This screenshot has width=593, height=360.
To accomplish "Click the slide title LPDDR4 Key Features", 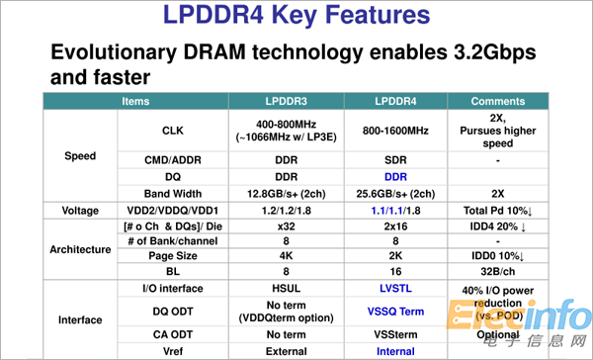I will tap(296, 17).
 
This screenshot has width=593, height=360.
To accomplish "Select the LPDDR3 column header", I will tap(290, 101).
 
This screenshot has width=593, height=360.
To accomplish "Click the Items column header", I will tap(136, 101).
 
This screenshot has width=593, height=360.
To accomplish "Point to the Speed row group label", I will tap(80, 156).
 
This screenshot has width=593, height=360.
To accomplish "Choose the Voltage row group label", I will tap(80, 211).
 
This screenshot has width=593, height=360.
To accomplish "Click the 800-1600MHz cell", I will tap(395, 129).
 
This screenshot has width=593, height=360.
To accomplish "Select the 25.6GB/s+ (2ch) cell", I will tap(395, 193).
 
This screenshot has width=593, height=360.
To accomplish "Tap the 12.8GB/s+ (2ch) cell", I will tap(290, 193).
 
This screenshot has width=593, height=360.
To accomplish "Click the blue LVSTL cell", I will tap(395, 287).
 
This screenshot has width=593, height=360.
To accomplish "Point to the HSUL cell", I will tap(290, 287).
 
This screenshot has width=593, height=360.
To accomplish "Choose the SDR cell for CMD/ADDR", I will tap(395, 158).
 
